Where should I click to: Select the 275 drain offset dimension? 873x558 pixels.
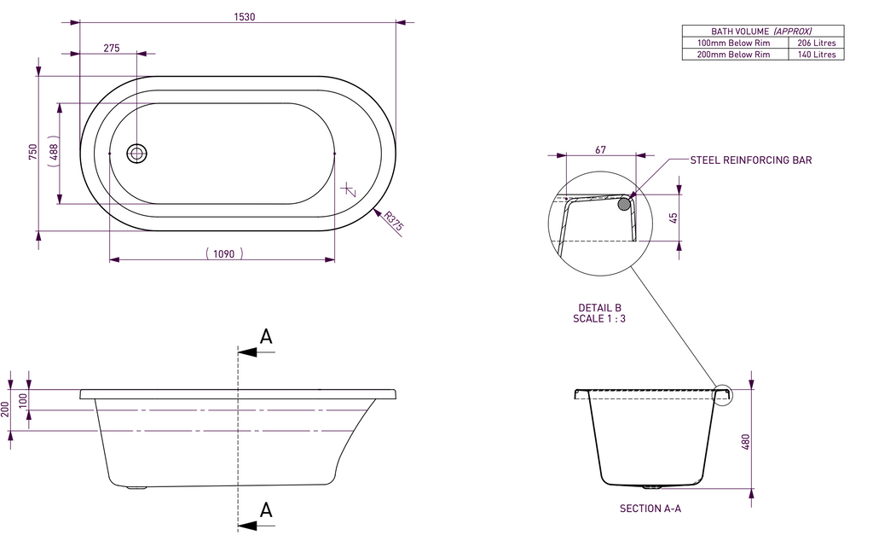[x=112, y=49]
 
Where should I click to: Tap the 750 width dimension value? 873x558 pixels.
[x=32, y=152]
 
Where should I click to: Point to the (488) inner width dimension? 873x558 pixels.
[x=53, y=153]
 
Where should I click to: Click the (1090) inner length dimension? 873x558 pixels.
[x=224, y=253]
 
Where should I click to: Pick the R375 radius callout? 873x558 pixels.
[x=393, y=222]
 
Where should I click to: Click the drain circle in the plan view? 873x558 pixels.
[x=137, y=154]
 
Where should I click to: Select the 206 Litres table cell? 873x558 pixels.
[x=816, y=43]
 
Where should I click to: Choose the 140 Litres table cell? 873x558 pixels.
[x=816, y=55]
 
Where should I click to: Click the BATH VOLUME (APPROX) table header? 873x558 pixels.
[x=762, y=31]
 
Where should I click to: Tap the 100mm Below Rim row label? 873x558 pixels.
[x=733, y=43]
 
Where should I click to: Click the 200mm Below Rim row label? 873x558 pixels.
[x=733, y=55]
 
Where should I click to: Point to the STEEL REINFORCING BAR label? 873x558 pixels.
[x=750, y=160]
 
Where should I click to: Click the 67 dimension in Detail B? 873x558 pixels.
[x=600, y=150]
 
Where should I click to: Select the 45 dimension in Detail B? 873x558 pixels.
[x=674, y=218]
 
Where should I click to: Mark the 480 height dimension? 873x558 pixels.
[x=745, y=442]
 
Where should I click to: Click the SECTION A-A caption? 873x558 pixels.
[x=650, y=509]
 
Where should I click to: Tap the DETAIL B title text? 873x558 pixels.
[x=599, y=308]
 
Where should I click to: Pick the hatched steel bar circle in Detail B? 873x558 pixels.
[x=624, y=204]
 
